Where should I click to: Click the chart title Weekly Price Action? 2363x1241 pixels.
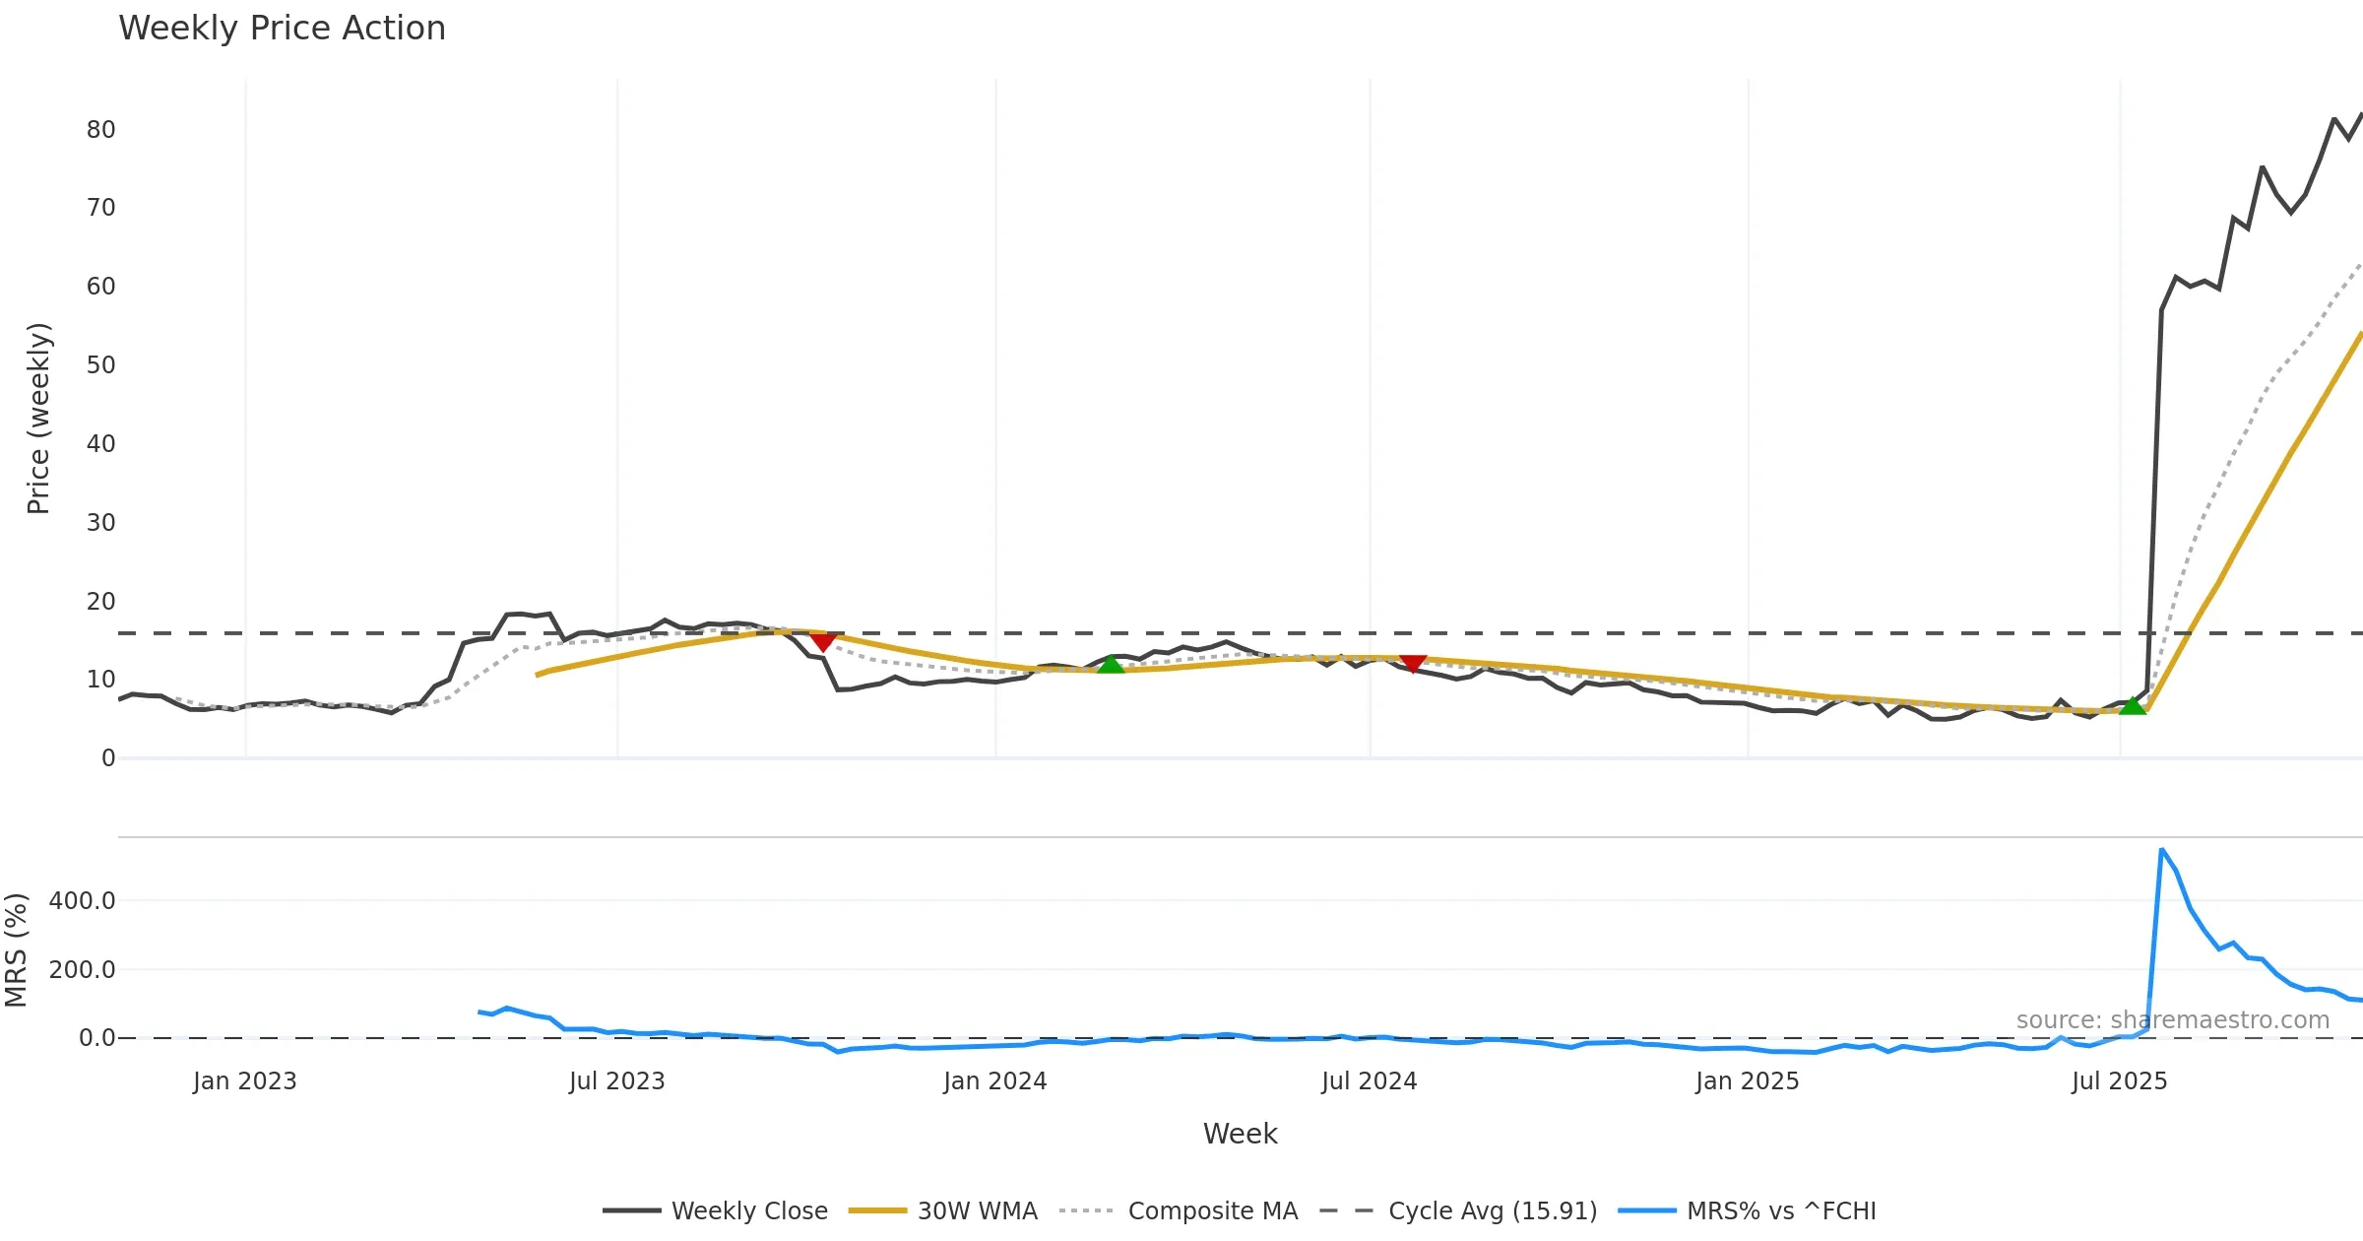tap(282, 29)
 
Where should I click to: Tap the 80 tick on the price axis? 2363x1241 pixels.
tap(100, 130)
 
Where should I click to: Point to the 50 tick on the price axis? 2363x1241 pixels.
tap(100, 365)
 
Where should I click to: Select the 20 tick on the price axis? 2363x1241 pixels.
tap(100, 602)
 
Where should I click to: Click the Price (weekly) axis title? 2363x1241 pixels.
tap(38, 419)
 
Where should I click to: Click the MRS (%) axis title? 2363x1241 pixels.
tap(17, 950)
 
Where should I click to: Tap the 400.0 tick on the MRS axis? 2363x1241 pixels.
tap(82, 901)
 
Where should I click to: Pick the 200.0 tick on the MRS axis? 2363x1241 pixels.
tap(82, 970)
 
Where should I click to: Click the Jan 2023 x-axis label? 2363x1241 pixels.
tap(244, 1081)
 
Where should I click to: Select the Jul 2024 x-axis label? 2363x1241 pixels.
tap(1369, 1081)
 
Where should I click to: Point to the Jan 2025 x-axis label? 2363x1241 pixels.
tap(1747, 1081)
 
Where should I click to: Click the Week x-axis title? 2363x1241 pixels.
tap(1240, 1135)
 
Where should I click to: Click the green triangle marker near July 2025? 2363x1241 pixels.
tap(2132, 706)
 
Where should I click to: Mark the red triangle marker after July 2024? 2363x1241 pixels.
tap(1413, 664)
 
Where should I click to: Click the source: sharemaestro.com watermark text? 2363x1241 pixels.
tap(2172, 1020)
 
